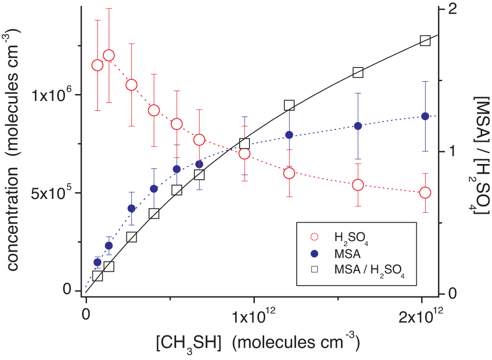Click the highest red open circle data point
109,55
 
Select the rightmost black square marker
426,40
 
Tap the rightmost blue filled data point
426,116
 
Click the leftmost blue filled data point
97,262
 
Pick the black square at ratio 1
245,144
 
